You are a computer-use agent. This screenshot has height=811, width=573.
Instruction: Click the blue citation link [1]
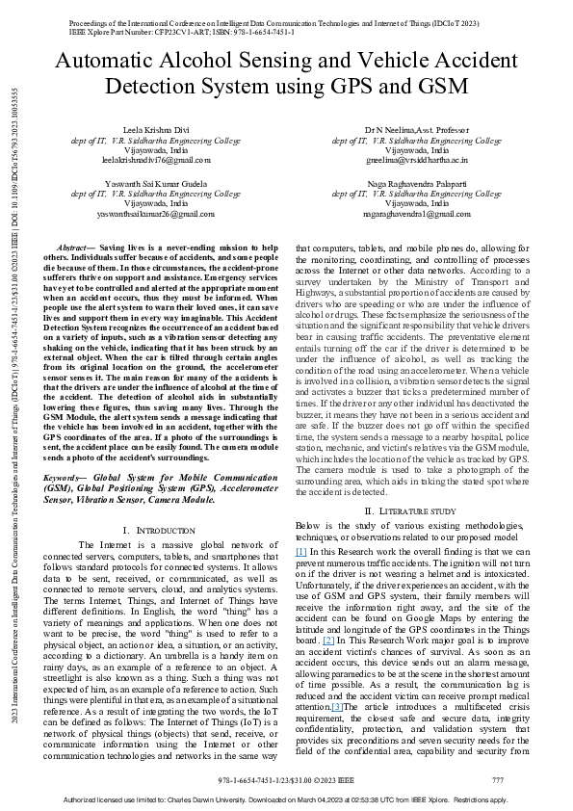pyautogui.click(x=301, y=550)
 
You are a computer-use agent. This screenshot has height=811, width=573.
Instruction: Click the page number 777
pyautogui.click(x=497, y=779)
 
